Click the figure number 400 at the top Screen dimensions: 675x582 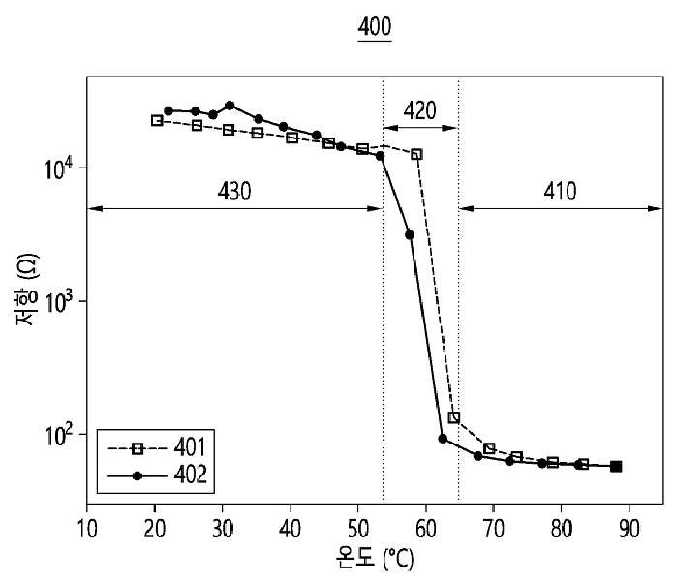pyautogui.click(x=375, y=27)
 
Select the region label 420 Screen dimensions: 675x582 pyautogui.click(x=419, y=110)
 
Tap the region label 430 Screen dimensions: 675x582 pyautogui.click(x=234, y=191)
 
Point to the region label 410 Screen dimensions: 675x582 pyautogui.click(x=560, y=191)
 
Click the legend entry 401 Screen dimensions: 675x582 pyautogui.click(x=190, y=447)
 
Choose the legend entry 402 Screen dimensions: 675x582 pyautogui.click(x=190, y=475)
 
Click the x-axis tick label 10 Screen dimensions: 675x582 pyautogui.click(x=87, y=528)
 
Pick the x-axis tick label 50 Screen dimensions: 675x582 pyautogui.click(x=357, y=528)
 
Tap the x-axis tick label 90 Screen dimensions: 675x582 pyautogui.click(x=629, y=528)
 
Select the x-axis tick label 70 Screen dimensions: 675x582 pyautogui.click(x=493, y=528)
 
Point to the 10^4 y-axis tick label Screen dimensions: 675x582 pyautogui.click(x=59, y=168)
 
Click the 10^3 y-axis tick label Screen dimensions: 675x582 pyautogui.click(x=59, y=302)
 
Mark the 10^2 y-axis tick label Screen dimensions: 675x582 pyautogui.click(x=59, y=435)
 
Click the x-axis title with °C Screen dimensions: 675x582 pyautogui.click(x=375, y=559)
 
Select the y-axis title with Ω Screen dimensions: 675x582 pyautogui.click(x=27, y=290)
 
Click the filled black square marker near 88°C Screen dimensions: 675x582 pyautogui.click(x=616, y=466)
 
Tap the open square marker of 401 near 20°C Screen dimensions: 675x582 pyautogui.click(x=157, y=120)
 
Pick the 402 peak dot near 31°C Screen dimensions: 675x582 pyautogui.click(x=230, y=106)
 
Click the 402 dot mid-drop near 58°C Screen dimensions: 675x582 pyautogui.click(x=410, y=234)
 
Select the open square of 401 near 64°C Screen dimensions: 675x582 pyautogui.click(x=454, y=417)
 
